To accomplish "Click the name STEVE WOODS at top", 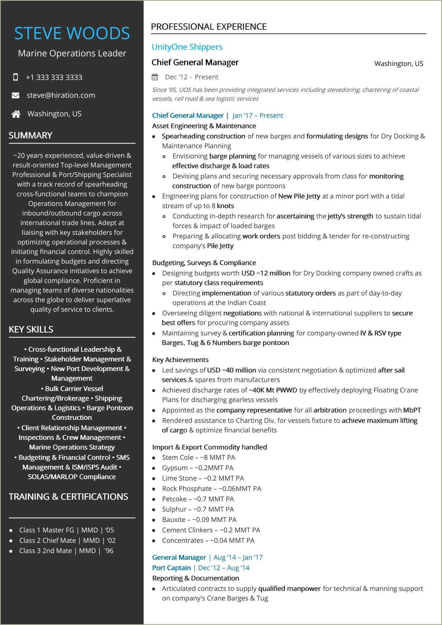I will point(72,34).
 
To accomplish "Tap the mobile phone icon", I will point(15,77).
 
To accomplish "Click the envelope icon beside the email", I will point(15,95).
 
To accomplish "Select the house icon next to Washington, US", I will point(16,114).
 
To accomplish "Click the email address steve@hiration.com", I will point(61,95).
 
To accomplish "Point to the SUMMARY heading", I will point(30,135).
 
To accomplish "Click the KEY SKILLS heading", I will point(31,329).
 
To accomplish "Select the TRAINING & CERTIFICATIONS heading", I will point(68,497).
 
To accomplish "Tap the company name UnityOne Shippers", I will point(187,47).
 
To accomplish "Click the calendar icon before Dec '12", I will point(155,77).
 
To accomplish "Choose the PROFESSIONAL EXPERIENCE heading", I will point(209,27).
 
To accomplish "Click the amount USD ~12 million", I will point(266,273).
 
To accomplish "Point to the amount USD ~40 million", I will point(231,370).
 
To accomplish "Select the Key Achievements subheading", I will point(180,360).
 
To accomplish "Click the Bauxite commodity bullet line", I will point(199,520).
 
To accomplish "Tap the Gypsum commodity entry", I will point(198,468).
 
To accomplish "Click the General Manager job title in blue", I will point(179,558).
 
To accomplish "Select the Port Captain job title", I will point(172,568).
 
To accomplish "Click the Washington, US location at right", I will point(399,64).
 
